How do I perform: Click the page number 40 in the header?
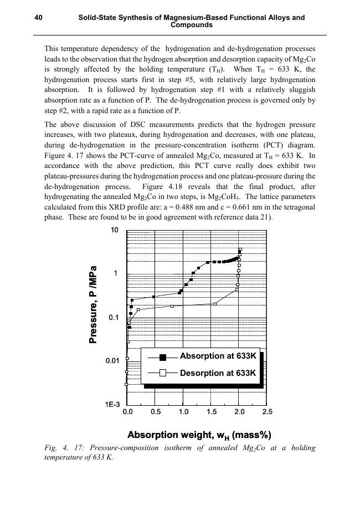(x=39, y=18)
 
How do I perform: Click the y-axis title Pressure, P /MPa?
(x=94, y=305)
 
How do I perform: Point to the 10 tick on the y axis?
(x=115, y=230)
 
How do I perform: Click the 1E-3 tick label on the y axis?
(x=113, y=405)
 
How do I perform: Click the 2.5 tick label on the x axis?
(x=267, y=412)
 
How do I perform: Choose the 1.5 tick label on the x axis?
(x=211, y=412)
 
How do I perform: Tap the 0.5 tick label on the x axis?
(x=155, y=412)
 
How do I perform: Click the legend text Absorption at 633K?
(x=218, y=356)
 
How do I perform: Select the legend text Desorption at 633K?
(x=218, y=373)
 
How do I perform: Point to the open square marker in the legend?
(x=163, y=373)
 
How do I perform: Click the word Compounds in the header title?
(x=191, y=25)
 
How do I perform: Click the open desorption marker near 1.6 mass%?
(x=215, y=304)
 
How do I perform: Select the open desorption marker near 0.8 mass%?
(x=172, y=306)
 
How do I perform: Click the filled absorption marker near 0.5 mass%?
(x=153, y=297)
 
